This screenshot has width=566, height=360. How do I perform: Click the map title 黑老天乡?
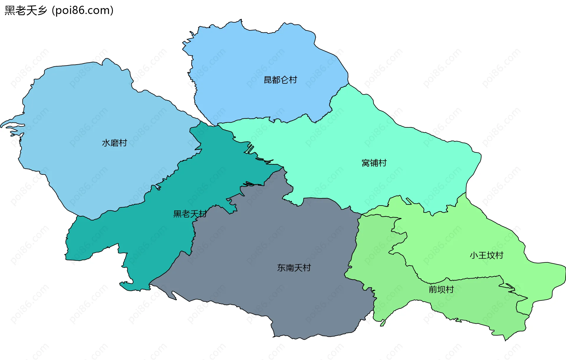click(26, 11)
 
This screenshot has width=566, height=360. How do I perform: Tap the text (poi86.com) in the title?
click(83, 11)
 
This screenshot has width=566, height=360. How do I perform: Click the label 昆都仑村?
click(280, 80)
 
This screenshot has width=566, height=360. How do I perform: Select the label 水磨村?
click(114, 143)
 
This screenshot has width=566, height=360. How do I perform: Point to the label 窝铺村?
click(374, 163)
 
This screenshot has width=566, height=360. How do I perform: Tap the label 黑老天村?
click(190, 214)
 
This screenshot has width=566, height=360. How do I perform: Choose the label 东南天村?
click(294, 268)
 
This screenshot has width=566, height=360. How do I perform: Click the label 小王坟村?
click(486, 255)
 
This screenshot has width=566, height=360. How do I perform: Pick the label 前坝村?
click(441, 290)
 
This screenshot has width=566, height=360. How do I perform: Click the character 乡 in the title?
click(42, 11)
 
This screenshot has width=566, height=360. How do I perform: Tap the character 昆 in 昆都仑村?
click(268, 80)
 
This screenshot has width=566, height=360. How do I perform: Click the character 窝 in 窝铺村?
click(366, 163)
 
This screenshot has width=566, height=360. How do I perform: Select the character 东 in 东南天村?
click(281, 268)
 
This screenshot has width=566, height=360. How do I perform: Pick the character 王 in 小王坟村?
click(482, 255)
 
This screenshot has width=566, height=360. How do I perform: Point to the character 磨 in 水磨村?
click(114, 143)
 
